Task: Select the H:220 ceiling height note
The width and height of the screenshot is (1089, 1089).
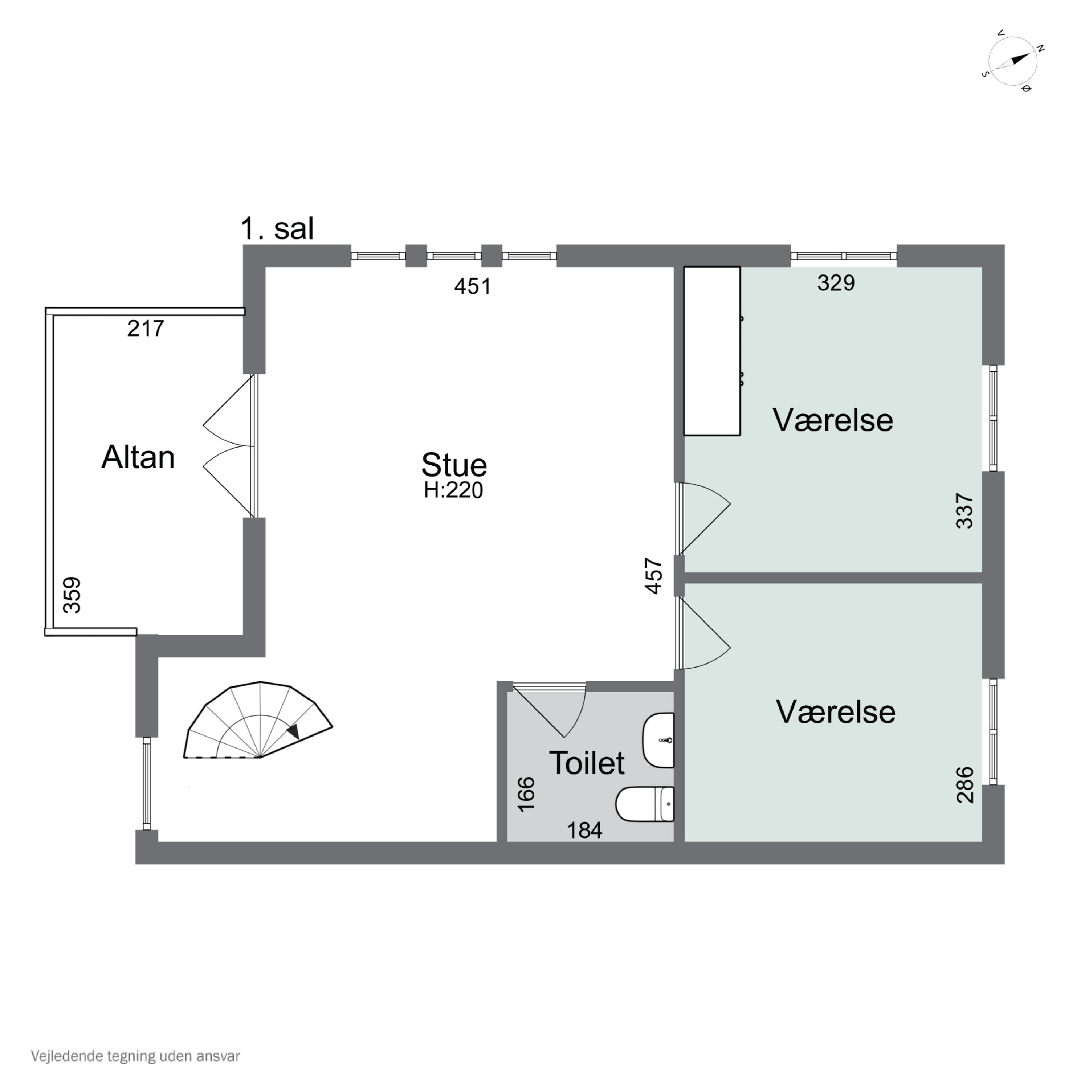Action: (x=454, y=491)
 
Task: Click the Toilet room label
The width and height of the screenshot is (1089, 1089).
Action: (x=586, y=763)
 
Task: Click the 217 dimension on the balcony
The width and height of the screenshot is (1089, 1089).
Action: (x=146, y=328)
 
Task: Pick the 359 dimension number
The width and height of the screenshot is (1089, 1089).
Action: (x=72, y=595)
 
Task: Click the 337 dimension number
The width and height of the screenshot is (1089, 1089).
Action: (x=964, y=511)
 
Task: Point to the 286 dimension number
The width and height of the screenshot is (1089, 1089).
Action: (x=964, y=784)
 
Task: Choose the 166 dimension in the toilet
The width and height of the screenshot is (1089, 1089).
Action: (x=526, y=794)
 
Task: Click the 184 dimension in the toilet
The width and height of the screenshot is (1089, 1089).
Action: (x=584, y=830)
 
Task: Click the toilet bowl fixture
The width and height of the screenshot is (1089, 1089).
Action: (x=645, y=804)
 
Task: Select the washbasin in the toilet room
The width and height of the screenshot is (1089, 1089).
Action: (x=658, y=740)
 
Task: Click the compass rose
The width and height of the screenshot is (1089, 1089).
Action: (x=1013, y=61)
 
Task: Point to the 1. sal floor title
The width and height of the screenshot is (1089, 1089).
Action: (x=277, y=229)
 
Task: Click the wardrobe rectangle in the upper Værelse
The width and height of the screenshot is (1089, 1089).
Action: (x=712, y=351)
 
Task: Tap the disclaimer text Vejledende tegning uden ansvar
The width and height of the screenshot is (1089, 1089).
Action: (x=135, y=1056)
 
